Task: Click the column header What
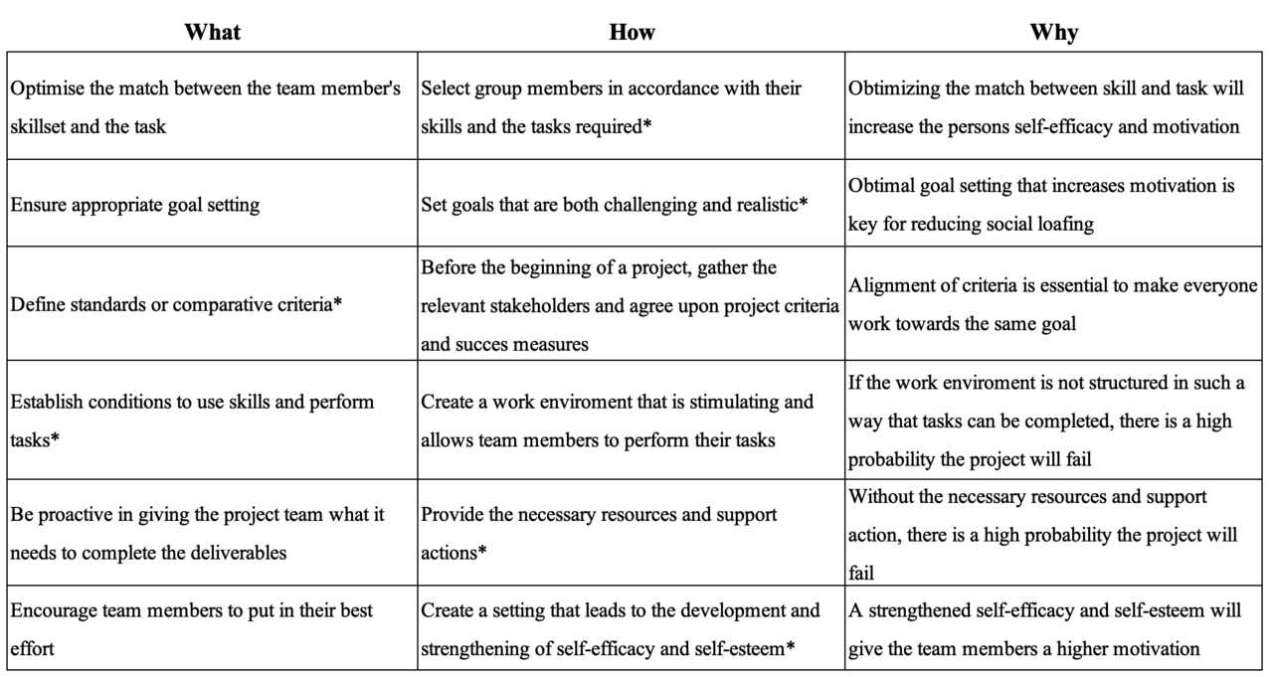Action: coord(212,32)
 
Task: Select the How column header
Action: coord(632,32)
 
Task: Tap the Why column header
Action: coord(1054,32)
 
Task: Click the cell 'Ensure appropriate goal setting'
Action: coord(134,205)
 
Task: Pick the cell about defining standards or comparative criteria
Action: coord(176,305)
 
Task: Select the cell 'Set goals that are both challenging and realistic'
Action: coord(614,205)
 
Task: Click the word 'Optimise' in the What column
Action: coord(46,88)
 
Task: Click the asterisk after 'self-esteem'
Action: coord(790,649)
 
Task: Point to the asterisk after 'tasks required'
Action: coord(646,127)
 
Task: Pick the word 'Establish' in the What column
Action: coord(49,403)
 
